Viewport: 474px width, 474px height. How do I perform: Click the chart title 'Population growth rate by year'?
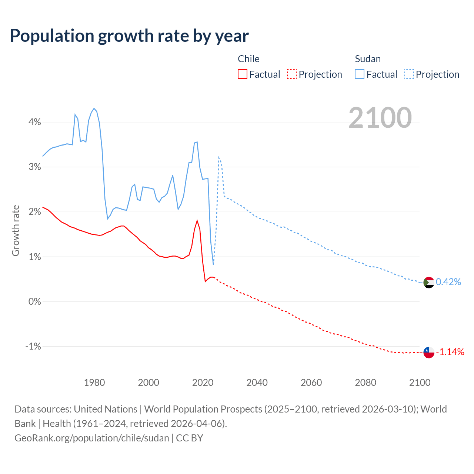click(x=129, y=36)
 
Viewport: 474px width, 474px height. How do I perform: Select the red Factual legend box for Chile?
click(x=243, y=74)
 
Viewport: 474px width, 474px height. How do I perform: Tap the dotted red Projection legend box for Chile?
click(x=292, y=74)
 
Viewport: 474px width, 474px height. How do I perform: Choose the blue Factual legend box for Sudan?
click(x=360, y=74)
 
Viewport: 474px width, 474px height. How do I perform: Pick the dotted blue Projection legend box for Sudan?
click(x=409, y=74)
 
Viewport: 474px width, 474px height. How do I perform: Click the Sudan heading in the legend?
click(x=368, y=59)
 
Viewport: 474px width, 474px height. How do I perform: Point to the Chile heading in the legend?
click(x=248, y=59)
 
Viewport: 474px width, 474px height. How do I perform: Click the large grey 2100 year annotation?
click(x=380, y=118)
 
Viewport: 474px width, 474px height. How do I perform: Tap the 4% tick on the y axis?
click(x=34, y=122)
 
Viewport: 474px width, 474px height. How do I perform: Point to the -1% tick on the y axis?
click(x=33, y=346)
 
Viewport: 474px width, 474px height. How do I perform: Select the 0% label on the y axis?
click(x=34, y=301)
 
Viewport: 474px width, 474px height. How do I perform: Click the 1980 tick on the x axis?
click(x=94, y=383)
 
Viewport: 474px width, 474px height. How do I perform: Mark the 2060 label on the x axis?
click(x=311, y=383)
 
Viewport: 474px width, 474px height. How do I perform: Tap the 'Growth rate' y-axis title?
click(x=16, y=230)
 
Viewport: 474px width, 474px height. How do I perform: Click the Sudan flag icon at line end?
click(x=428, y=282)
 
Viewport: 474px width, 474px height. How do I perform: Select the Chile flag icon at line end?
click(x=428, y=352)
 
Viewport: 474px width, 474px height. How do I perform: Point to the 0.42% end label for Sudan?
click(x=448, y=282)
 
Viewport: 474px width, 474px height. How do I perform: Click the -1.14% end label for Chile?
click(x=450, y=352)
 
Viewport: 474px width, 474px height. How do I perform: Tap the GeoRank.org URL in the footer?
click(x=92, y=438)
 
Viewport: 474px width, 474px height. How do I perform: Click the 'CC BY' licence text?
click(x=190, y=438)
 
